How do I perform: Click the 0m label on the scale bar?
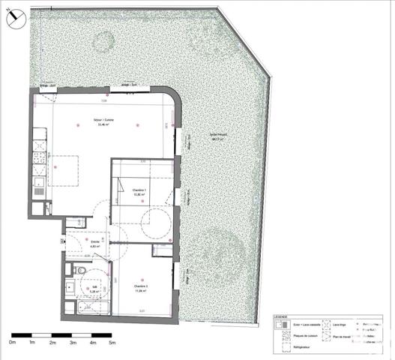pyautogui.click(x=12, y=343)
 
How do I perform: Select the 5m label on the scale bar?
pyautogui.click(x=112, y=343)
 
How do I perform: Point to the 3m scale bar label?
pyautogui.click(x=73, y=343)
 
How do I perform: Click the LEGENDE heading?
pyautogui.click(x=280, y=317)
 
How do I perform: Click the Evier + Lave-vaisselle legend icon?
pyautogui.click(x=279, y=326)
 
